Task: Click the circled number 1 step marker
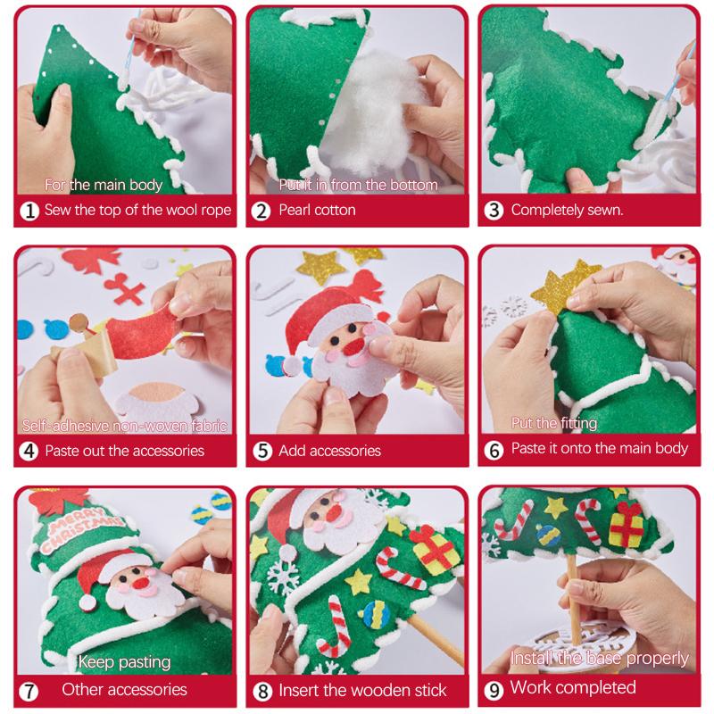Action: click(x=29, y=212)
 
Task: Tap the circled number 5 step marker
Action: click(x=262, y=451)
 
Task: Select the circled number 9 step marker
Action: click(x=495, y=689)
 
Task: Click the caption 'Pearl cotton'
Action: click(x=317, y=211)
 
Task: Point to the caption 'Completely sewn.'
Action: click(x=567, y=211)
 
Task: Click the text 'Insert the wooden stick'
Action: click(x=362, y=690)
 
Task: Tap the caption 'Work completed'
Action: click(x=572, y=687)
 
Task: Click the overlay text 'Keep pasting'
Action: click(x=124, y=661)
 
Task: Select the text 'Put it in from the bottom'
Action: click(x=358, y=185)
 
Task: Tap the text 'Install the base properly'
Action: click(x=600, y=659)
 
